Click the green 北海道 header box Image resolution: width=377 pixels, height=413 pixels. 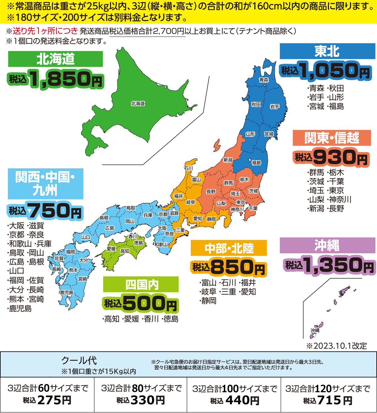click(x=55, y=59)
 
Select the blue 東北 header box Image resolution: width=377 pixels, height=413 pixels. click(x=327, y=51)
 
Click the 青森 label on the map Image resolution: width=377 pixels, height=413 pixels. click(x=264, y=80)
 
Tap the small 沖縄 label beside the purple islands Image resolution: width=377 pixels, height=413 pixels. click(x=315, y=330)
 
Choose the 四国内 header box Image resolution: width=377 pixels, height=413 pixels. click(x=141, y=285)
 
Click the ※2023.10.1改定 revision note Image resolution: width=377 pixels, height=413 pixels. click(x=336, y=346)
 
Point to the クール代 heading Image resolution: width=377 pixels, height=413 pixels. click(x=79, y=360)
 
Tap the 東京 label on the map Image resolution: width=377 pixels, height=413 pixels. click(x=241, y=202)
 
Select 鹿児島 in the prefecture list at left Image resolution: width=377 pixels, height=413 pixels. click(x=20, y=309)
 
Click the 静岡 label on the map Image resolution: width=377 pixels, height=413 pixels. click(x=211, y=219)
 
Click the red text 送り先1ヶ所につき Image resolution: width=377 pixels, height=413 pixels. click(x=45, y=31)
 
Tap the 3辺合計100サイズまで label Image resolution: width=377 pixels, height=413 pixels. click(x=234, y=389)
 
